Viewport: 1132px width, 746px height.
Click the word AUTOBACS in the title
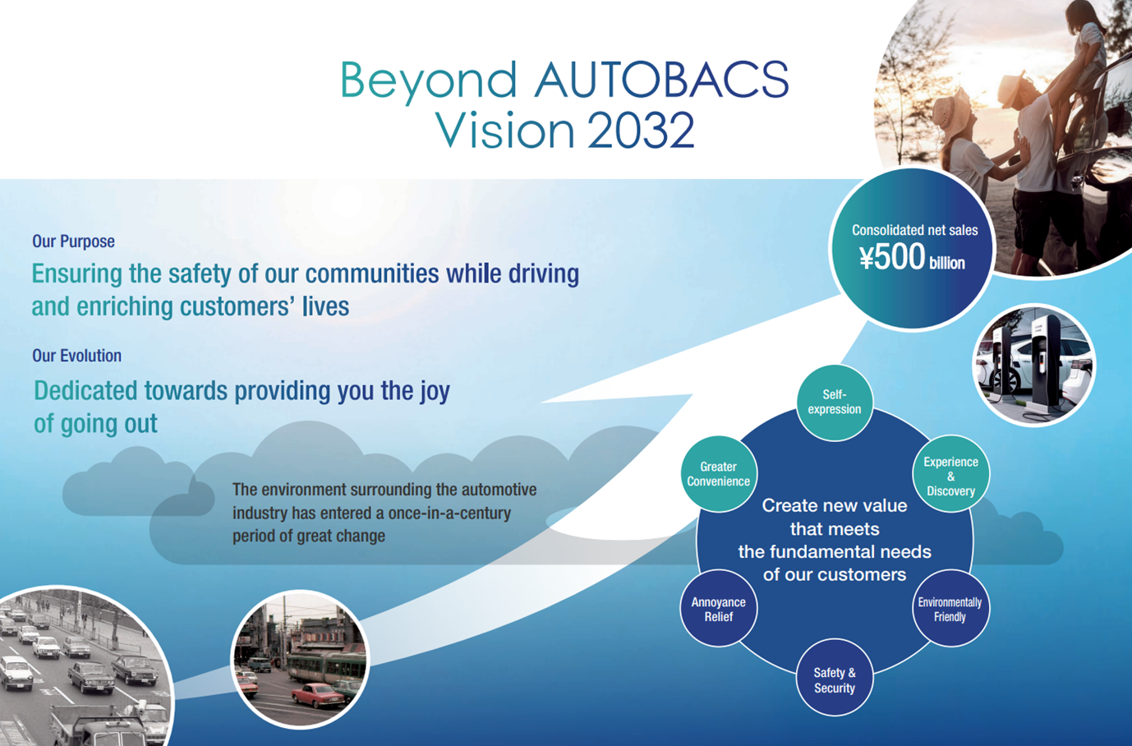coord(661,80)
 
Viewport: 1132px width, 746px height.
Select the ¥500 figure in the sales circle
coord(892,257)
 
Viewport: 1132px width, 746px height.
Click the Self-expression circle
coord(835,403)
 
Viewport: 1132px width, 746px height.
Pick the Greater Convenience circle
coord(719,474)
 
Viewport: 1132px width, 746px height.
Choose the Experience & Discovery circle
coord(950,474)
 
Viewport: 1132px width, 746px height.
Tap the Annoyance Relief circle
coord(719,608)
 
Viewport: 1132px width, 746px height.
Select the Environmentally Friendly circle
coord(950,608)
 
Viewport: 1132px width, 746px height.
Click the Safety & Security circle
coord(835,678)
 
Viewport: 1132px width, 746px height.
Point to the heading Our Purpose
coord(73,242)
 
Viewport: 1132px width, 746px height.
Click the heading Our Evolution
coord(77,356)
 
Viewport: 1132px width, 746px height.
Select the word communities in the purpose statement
coord(372,274)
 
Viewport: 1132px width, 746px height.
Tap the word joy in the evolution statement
coord(435,392)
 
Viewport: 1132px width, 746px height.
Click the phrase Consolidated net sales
coord(914,231)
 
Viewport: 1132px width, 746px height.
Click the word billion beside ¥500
coord(947,263)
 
